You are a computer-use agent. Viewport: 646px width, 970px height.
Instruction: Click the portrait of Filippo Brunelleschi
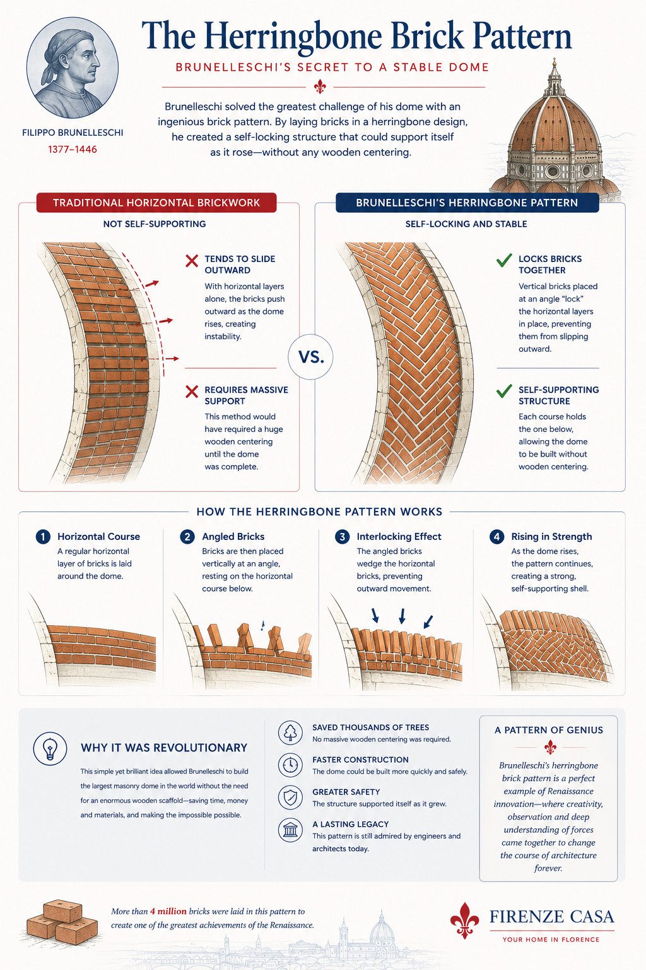73,68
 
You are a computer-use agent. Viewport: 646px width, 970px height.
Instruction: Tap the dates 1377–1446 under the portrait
73,150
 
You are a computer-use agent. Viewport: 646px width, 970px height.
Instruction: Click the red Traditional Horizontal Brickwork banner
156,203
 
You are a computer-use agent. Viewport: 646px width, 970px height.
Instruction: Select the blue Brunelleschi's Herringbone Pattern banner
467,203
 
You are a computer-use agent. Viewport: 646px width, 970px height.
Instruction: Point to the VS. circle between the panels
310,357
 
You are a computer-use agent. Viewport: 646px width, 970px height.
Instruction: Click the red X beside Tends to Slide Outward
192,261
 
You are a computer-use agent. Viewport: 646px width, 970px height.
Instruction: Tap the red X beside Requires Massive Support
192,392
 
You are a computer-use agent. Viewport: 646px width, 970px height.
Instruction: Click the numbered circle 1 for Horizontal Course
43,537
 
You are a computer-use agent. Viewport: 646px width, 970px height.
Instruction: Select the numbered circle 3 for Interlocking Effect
343,537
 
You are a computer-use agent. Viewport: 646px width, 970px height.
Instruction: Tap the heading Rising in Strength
551,537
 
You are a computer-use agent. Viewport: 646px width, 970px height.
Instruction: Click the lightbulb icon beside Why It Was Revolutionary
50,748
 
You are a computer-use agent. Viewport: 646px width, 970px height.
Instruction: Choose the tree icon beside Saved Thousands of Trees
290,733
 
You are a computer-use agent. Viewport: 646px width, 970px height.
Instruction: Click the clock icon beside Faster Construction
290,765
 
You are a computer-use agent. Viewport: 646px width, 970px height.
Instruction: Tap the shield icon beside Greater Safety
290,797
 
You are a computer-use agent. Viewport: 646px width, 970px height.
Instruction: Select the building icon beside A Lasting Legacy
290,830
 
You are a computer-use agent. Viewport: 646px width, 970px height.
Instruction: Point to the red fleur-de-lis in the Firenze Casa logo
465,920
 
